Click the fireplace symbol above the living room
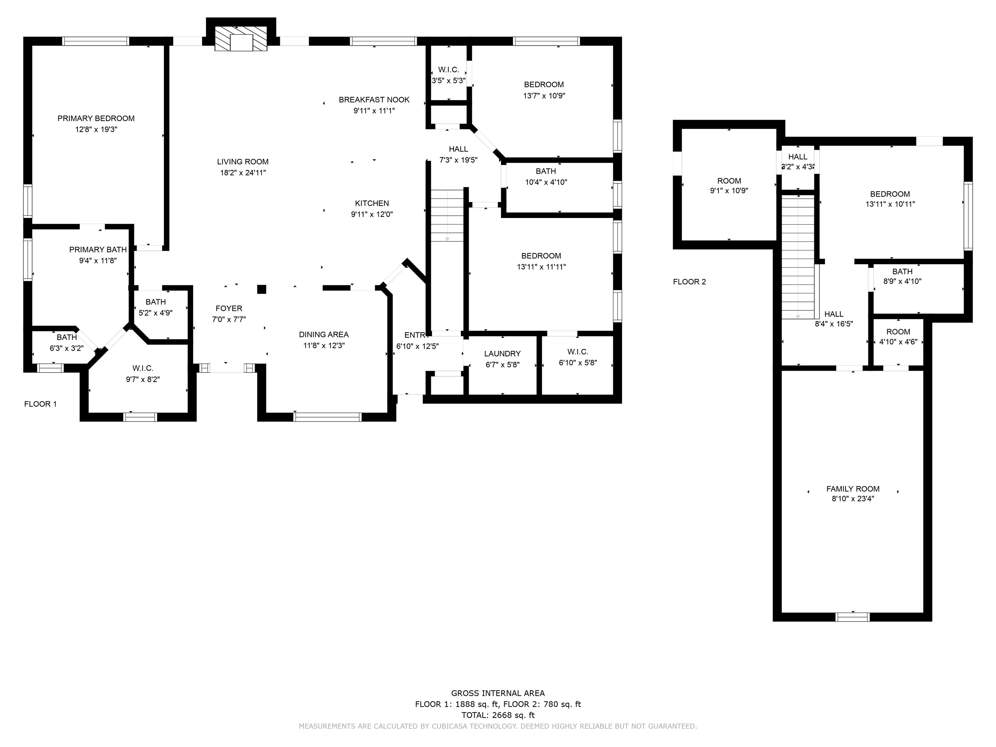click(x=241, y=39)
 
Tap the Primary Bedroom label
click(x=96, y=118)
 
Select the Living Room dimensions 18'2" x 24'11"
click(x=243, y=173)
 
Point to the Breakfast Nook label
click(x=374, y=100)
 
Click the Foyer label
click(x=229, y=308)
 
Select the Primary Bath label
click(x=98, y=249)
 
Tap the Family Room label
click(x=853, y=489)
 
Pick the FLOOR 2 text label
click(x=689, y=282)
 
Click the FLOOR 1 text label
click(x=41, y=404)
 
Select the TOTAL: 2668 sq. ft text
click(x=498, y=715)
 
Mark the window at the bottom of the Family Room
click(x=852, y=617)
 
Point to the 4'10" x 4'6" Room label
click(x=898, y=332)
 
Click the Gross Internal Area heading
click(x=498, y=694)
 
